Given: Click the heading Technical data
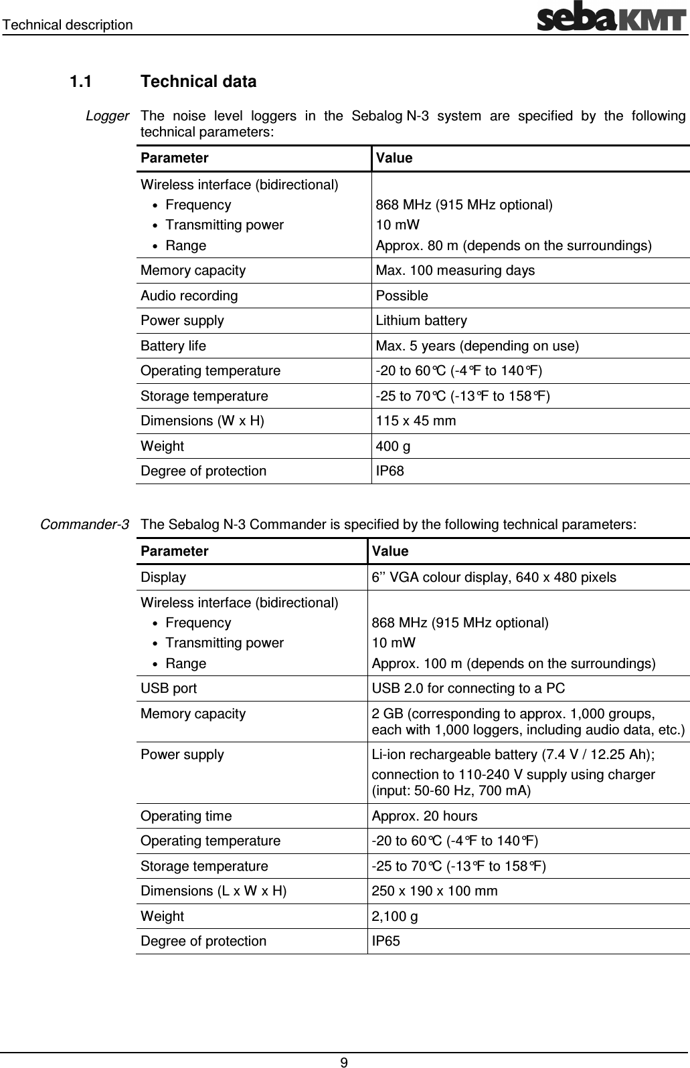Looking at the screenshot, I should click(199, 82).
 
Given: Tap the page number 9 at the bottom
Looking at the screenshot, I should click(344, 1062).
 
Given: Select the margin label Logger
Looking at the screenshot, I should click(107, 116).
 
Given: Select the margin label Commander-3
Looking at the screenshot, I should click(84, 524).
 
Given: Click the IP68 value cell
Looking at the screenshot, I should click(390, 471).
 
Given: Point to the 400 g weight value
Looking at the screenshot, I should click(393, 446).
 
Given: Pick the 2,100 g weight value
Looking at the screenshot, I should click(395, 916).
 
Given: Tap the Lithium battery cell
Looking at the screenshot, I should click(421, 320).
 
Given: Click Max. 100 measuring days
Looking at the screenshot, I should click(455, 270).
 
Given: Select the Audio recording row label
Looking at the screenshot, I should click(189, 296).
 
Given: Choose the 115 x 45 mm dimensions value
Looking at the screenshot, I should click(416, 421).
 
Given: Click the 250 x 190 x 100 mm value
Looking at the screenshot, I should click(434, 891).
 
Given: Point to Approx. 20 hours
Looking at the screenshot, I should click(424, 816).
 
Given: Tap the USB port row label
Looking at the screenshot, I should click(169, 688).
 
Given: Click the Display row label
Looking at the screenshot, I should click(163, 577).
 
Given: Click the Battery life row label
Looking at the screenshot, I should click(173, 346).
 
